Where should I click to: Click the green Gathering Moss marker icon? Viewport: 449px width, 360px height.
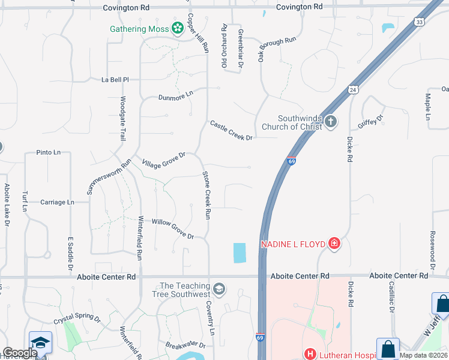pyautogui.click(x=177, y=28)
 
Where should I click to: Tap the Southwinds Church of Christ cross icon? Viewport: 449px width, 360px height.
pyautogui.click(x=331, y=122)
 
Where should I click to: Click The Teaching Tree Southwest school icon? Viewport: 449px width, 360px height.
pyautogui.click(x=219, y=289)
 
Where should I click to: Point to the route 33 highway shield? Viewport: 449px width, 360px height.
pyautogui.click(x=418, y=22)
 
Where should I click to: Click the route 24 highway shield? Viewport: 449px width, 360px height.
pyautogui.click(x=352, y=90)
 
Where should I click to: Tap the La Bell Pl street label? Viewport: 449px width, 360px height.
pyautogui.click(x=115, y=79)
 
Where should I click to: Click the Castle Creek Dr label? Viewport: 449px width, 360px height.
pyautogui.click(x=231, y=130)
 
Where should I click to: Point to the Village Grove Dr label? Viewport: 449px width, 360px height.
pyautogui.click(x=163, y=160)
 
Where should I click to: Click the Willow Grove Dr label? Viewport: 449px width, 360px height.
pyautogui.click(x=173, y=229)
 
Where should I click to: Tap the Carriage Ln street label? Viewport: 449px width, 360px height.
pyautogui.click(x=57, y=202)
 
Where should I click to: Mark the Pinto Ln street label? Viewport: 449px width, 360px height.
pyautogui.click(x=49, y=152)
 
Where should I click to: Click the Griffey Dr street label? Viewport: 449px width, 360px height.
pyautogui.click(x=371, y=119)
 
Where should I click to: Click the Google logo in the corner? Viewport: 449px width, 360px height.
pyautogui.click(x=20, y=353)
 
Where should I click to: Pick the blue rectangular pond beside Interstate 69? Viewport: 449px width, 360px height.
pyautogui.click(x=240, y=253)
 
